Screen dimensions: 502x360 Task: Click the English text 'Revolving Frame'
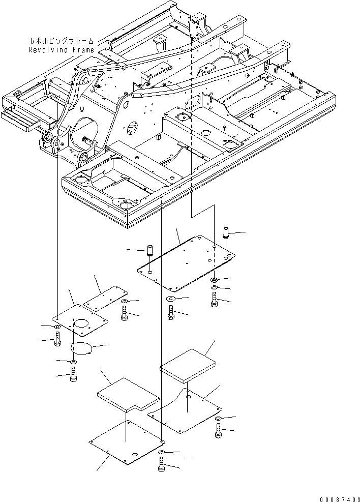pyautogui.click(x=62, y=50)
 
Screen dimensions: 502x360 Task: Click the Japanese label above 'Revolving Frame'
pyautogui.click(x=62, y=41)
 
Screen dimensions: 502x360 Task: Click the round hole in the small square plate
pyautogui.click(x=81, y=323)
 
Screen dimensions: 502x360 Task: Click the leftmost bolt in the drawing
pyautogui.click(x=57, y=339)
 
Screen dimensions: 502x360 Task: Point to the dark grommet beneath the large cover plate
pyautogui.click(x=215, y=281)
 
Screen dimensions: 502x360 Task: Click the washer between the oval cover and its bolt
pyautogui.click(x=74, y=362)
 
